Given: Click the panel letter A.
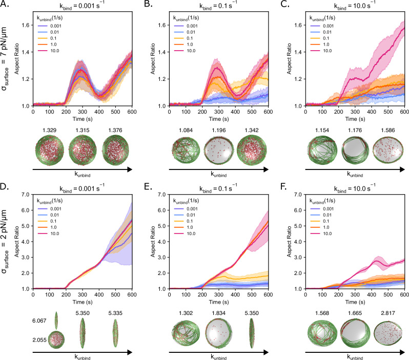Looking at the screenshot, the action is pyautogui.click(x=5, y=5).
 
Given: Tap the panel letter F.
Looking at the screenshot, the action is pyautogui.click(x=284, y=187).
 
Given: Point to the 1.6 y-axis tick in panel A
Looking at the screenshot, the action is pyautogui.click(x=27, y=25).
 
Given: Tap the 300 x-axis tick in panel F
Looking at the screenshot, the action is pyautogui.click(x=355, y=294).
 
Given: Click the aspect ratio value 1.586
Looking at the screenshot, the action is pyautogui.click(x=388, y=130).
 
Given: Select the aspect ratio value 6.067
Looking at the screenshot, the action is pyautogui.click(x=39, y=321).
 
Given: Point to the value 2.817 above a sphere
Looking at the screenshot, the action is pyautogui.click(x=388, y=313).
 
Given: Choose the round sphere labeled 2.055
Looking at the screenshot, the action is pyautogui.click(x=56, y=340).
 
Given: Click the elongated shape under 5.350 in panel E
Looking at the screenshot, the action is pyautogui.click(x=252, y=333).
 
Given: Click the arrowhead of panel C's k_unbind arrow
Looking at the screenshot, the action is pyautogui.click(x=402, y=170).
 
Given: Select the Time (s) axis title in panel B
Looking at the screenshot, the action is pyautogui.click(x=218, y=119).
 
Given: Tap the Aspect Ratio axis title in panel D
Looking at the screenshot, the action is pyautogui.click(x=17, y=242).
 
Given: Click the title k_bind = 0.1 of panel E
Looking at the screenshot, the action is pyautogui.click(x=218, y=188).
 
